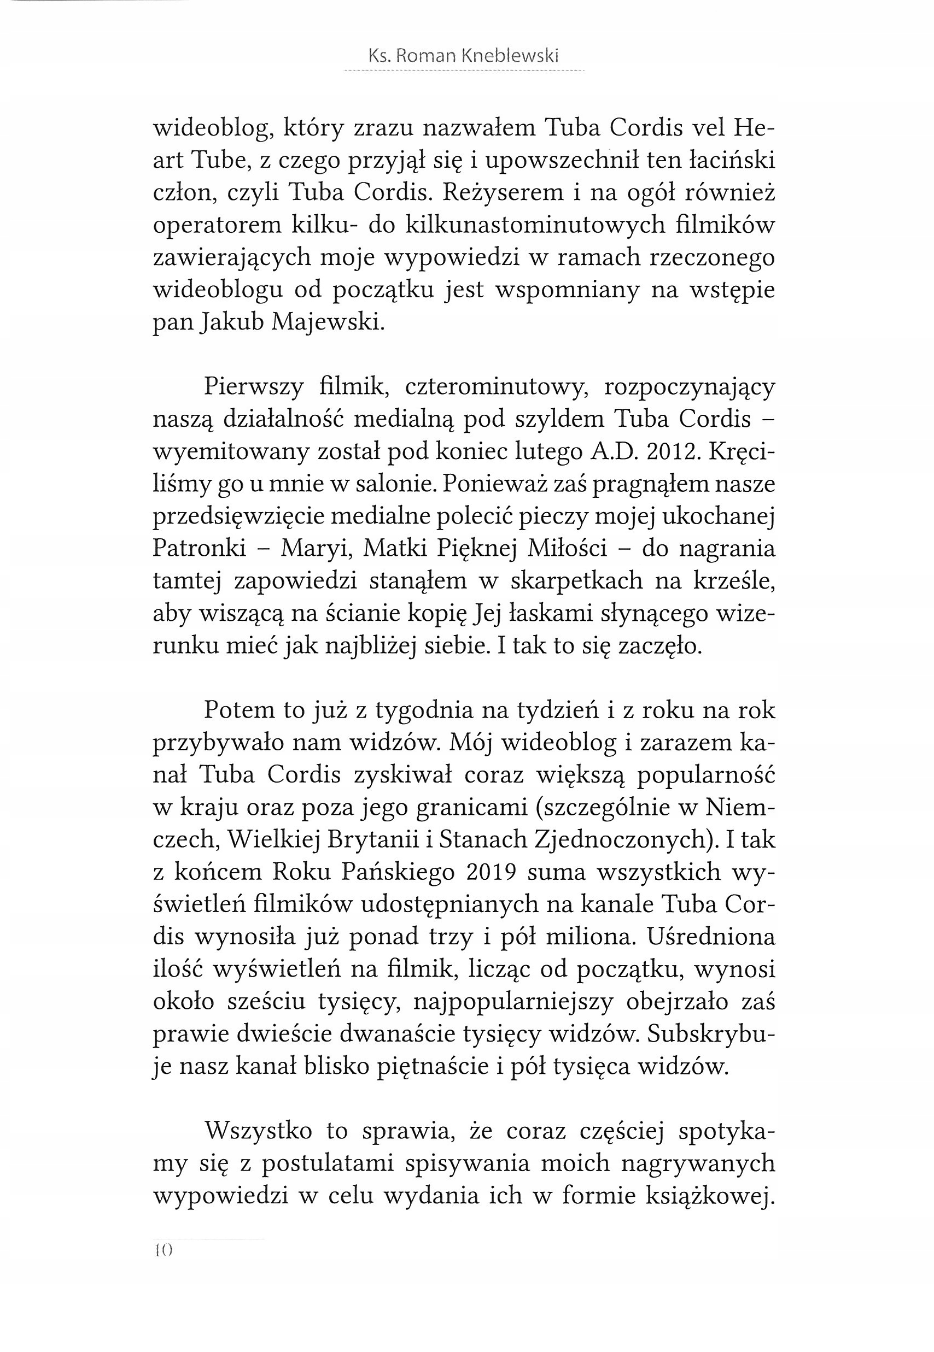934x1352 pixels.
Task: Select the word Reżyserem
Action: point(503,192)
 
